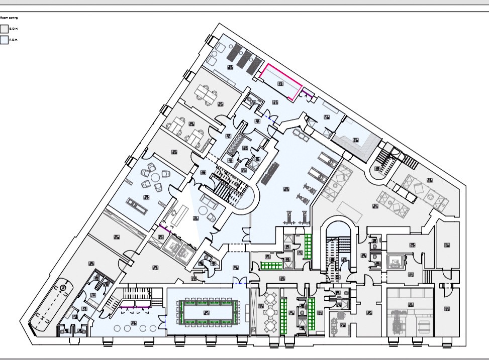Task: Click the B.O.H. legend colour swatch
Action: (x=4, y=29)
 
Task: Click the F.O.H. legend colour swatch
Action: (x=4, y=40)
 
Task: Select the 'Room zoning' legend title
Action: (x=9, y=18)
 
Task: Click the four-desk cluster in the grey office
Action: (x=185, y=129)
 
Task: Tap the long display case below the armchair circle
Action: (x=137, y=204)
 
